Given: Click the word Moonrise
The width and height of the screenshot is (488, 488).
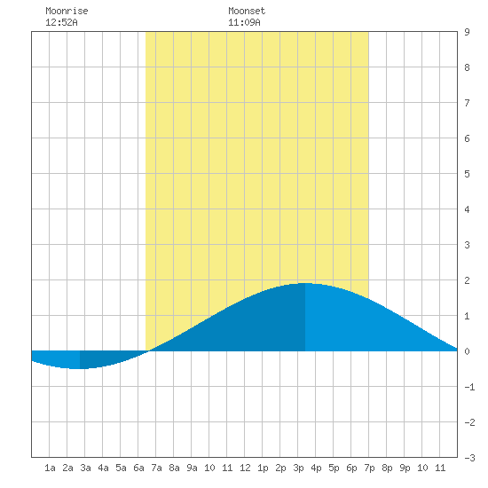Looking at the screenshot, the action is [67, 11].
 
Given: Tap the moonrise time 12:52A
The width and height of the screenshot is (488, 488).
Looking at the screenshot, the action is [61, 22].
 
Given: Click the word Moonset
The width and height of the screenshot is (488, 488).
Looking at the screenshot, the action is [247, 11].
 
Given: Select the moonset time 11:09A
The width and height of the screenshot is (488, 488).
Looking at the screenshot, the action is [244, 22].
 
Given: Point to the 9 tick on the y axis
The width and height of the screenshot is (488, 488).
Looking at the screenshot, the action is [467, 32].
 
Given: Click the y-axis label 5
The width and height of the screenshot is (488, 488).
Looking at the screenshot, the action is [467, 174].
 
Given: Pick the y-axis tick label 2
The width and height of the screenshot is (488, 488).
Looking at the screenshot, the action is [467, 280].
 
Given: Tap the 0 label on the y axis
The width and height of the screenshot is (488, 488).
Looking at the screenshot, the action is [467, 351].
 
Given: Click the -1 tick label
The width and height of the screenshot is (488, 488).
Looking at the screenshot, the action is [469, 387].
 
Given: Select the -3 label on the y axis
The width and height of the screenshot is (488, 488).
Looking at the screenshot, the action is [469, 458].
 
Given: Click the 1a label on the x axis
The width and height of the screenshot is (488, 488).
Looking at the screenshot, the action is [50, 468].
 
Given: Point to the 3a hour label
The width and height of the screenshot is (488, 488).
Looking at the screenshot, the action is [85, 468].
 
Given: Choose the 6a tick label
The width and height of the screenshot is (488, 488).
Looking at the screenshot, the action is [138, 468].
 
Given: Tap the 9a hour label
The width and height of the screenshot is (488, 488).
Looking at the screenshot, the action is [192, 468].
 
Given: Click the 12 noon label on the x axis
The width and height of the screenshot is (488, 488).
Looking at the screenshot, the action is [245, 468].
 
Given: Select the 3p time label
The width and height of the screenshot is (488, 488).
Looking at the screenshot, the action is [298, 468].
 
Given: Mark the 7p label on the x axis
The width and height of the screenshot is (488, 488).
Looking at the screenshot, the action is [369, 468].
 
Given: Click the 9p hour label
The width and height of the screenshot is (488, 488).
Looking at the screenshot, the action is [405, 468].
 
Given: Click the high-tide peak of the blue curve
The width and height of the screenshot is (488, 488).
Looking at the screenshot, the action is [305, 283].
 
